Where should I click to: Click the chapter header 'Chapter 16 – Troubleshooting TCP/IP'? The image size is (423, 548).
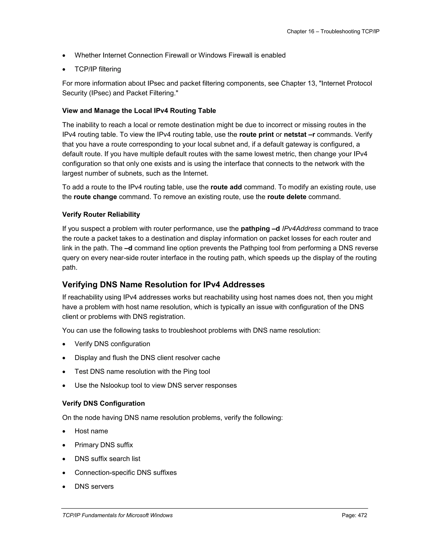pyautogui.click(x=333, y=31)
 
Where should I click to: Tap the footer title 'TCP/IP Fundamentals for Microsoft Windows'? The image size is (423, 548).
pyautogui.click(x=117, y=515)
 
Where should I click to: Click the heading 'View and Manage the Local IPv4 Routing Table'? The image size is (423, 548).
pyautogui.click(x=139, y=111)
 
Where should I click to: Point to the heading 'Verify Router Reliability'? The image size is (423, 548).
pyautogui.click(x=101, y=214)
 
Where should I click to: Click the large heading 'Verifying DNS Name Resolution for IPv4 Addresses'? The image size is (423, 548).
pyautogui.click(x=163, y=285)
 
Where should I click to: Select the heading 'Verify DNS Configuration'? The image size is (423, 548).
pyautogui.click(x=103, y=403)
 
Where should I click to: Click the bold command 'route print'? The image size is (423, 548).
pyautogui.click(x=256, y=135)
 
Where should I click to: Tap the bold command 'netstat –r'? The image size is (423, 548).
pyautogui.click(x=299, y=135)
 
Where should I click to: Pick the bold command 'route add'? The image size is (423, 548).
pyautogui.click(x=226, y=187)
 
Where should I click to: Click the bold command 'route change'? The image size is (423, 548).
pyautogui.click(x=95, y=197)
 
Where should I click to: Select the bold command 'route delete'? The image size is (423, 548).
pyautogui.click(x=287, y=197)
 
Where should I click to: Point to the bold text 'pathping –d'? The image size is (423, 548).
pyautogui.click(x=260, y=229)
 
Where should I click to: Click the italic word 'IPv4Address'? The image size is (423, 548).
pyautogui.click(x=302, y=229)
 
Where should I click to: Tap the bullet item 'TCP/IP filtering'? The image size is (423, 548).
pyautogui.click(x=97, y=69)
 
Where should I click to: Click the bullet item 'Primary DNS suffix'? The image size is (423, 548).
pyautogui.click(x=103, y=445)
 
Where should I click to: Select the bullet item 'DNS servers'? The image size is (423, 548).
pyautogui.click(x=94, y=487)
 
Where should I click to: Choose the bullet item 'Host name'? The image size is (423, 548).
pyautogui.click(x=91, y=431)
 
